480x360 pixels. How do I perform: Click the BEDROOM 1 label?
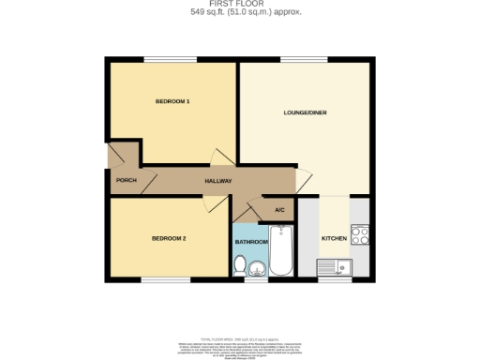pos(173,100)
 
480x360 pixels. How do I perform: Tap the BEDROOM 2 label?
pos(170,239)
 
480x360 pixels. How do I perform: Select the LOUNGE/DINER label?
pos(304,113)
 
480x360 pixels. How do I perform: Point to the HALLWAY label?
pos(218,181)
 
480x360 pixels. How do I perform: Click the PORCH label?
pos(127,181)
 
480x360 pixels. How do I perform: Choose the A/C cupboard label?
pos(279,209)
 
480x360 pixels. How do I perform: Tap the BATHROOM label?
pos(251,242)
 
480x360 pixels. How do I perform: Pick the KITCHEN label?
pos(335,239)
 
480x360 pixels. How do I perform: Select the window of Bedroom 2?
pos(167,279)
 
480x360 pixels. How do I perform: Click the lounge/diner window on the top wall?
pos(298,60)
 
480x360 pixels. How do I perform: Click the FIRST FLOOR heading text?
pos(239,4)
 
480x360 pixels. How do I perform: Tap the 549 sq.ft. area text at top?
pos(239,12)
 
